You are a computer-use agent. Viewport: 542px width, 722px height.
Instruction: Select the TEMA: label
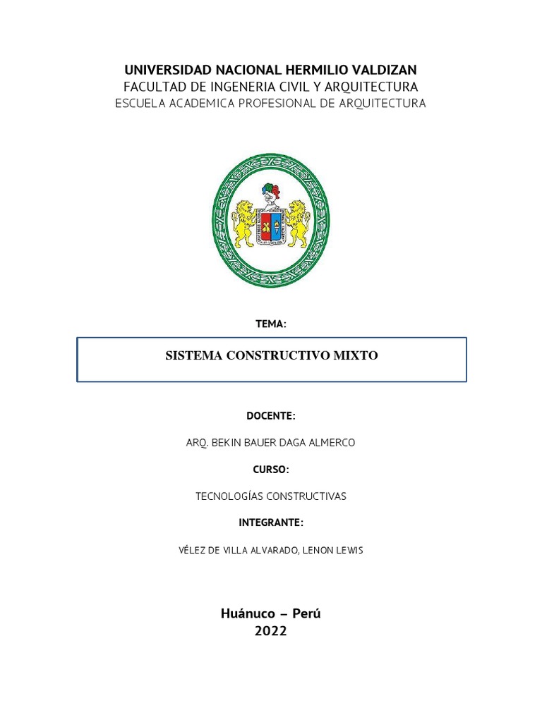pyautogui.click(x=271, y=324)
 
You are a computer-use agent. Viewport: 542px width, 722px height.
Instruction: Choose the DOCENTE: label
pyautogui.click(x=271, y=416)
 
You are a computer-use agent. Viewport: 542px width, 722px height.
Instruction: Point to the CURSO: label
pyautogui.click(x=271, y=470)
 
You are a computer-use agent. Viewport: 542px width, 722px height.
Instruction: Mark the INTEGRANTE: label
pyautogui.click(x=271, y=522)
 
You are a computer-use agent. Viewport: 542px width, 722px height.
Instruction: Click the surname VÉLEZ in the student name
pyautogui.click(x=195, y=550)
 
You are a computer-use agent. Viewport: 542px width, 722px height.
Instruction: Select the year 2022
pyautogui.click(x=271, y=632)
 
